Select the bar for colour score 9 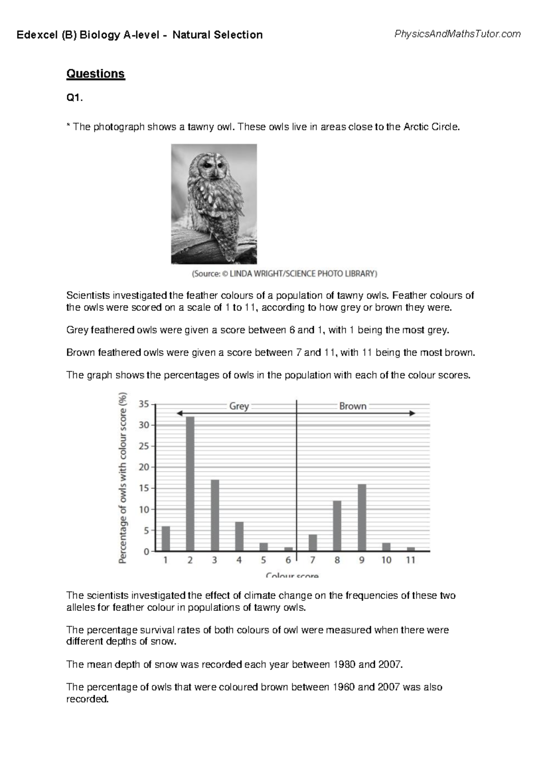click(362, 517)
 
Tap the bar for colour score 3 click(215, 515)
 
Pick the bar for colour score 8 click(337, 526)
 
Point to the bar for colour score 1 click(166, 539)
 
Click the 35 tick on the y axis click(144, 404)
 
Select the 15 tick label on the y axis click(144, 488)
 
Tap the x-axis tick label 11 click(410, 560)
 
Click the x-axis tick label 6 click(288, 560)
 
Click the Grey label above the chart click(239, 406)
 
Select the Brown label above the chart click(353, 406)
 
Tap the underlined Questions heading click(96, 74)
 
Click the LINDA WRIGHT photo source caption click(284, 274)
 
